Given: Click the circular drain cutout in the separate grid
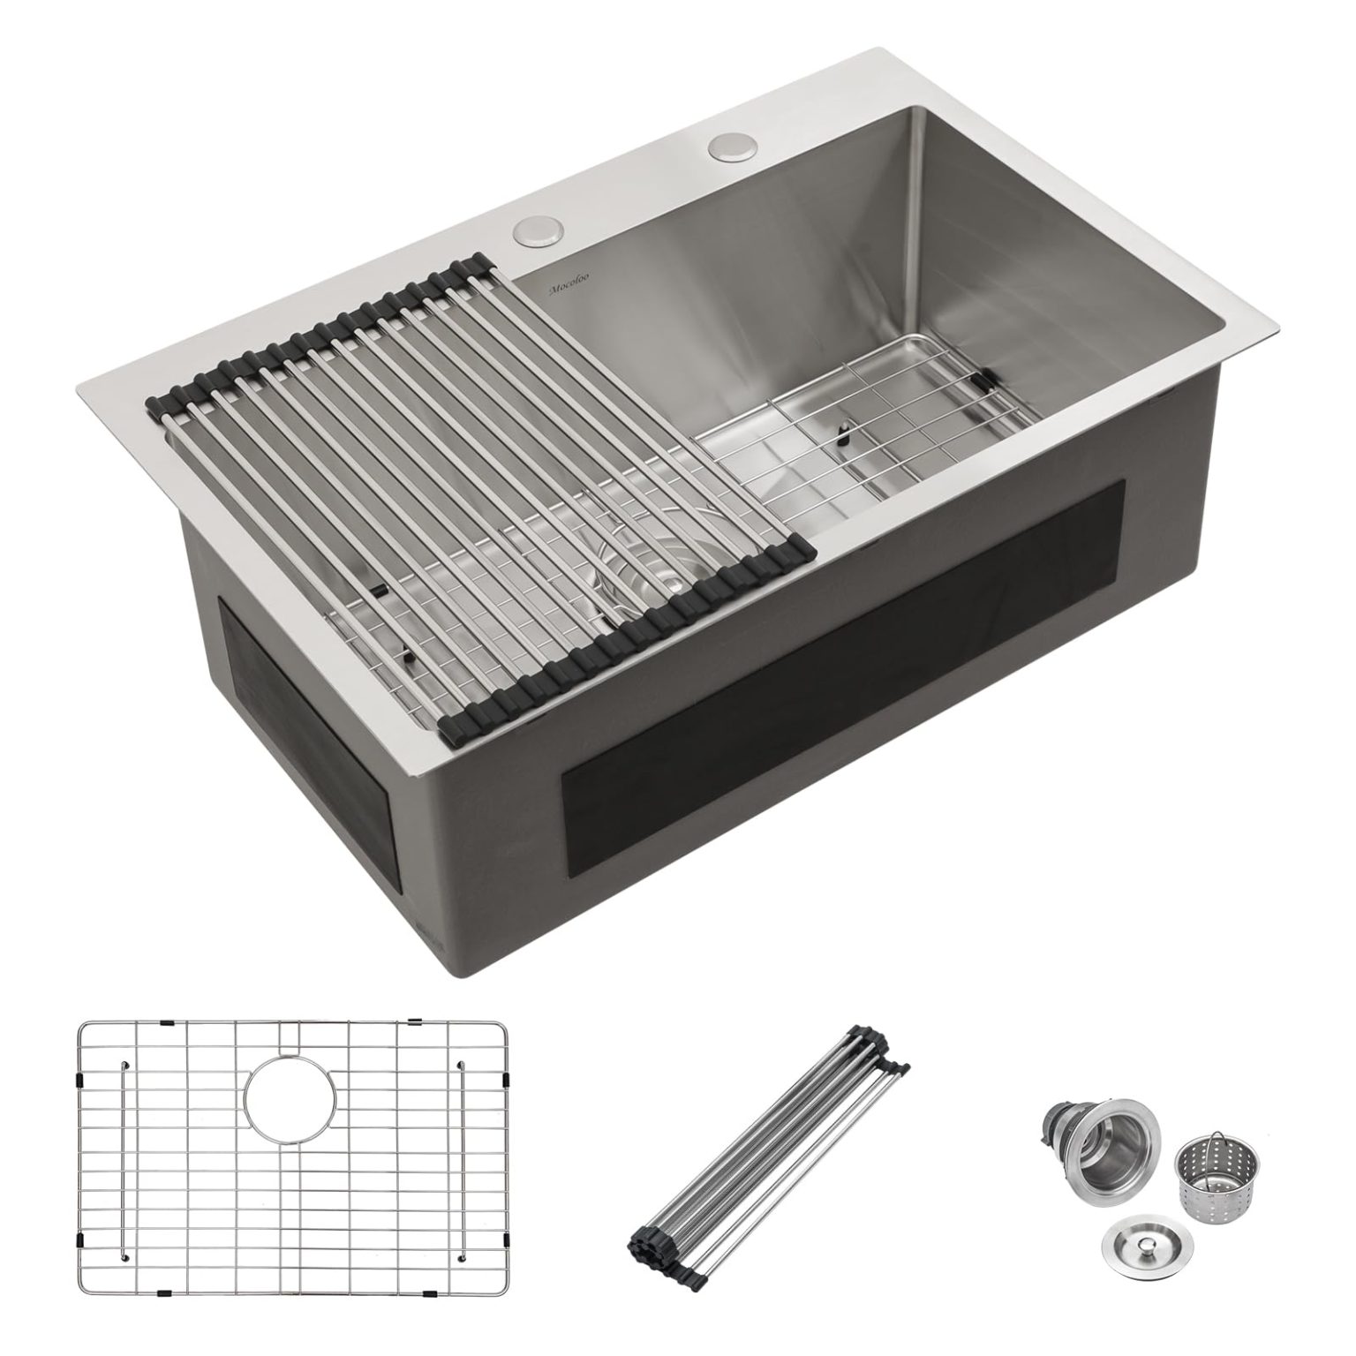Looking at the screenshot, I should [x=291, y=1092].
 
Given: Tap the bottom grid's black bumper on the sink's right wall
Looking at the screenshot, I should [x=987, y=380].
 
